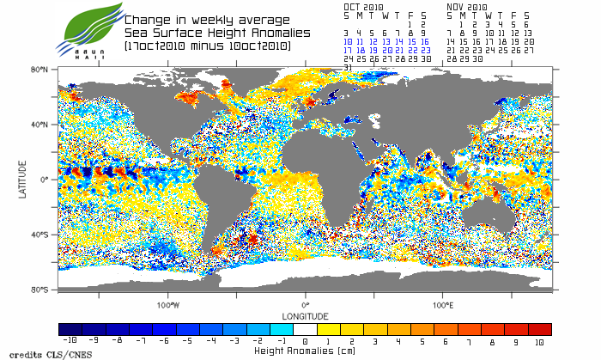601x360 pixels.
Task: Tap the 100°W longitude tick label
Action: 168,304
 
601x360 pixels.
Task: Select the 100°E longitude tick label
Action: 443,304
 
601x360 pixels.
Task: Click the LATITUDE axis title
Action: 22,179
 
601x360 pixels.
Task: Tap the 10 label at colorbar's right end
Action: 539,341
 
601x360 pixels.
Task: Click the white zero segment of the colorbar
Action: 305,329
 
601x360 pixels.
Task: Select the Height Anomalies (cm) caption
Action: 305,351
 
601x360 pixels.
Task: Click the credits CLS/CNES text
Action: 39,354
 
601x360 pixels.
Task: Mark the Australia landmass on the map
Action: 498,214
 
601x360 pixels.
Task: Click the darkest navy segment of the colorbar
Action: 70,329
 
